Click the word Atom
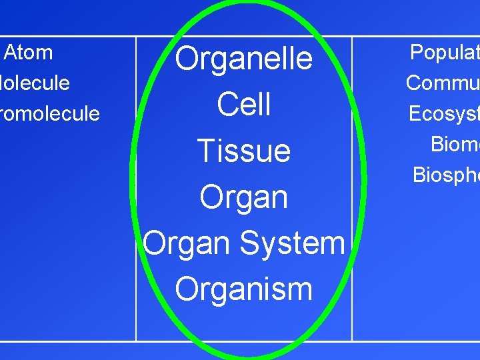[29, 52]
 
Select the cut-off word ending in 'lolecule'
[35, 83]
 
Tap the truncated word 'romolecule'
[49, 113]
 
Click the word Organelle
[244, 59]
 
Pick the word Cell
[244, 105]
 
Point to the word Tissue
[244, 151]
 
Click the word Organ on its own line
[244, 197]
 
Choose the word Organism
[244, 289]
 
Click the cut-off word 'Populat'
[444, 52]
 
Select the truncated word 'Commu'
[442, 83]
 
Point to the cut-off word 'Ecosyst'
[443, 113]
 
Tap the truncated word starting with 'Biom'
[455, 144]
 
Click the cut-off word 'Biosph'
[446, 175]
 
